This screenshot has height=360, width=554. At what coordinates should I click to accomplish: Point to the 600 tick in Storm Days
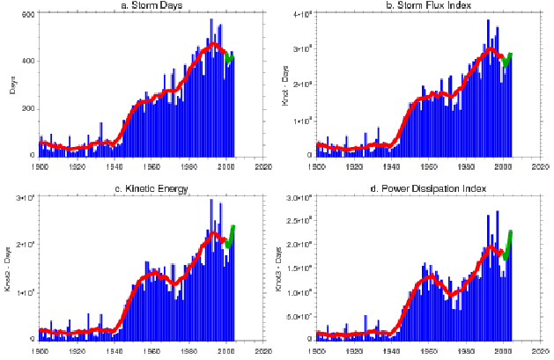[x=27, y=16]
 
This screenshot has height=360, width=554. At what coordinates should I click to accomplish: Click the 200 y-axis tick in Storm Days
[x=27, y=108]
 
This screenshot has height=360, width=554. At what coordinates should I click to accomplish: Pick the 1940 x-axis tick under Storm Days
[x=114, y=165]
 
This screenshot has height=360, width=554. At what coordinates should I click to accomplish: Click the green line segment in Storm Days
[x=230, y=59]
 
